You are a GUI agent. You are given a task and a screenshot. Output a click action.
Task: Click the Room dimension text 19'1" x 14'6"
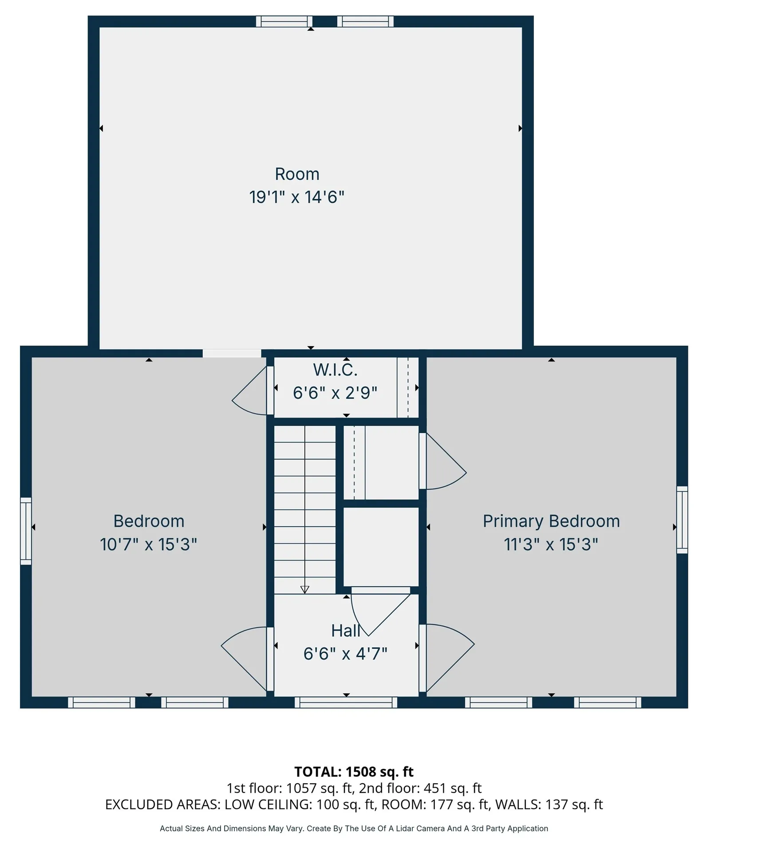296,197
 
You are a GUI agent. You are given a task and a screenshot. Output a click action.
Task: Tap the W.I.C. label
335,370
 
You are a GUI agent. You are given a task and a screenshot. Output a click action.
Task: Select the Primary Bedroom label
551,521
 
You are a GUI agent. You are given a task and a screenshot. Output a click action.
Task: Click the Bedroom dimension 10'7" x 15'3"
148,544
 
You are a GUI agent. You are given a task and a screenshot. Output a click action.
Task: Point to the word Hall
345,631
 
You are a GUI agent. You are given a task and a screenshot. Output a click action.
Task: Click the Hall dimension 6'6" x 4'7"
345,654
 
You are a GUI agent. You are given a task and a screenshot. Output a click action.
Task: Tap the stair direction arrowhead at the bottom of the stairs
305,590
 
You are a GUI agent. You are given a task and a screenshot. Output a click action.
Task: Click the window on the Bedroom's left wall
26,531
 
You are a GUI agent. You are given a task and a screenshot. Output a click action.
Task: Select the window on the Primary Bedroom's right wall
682,520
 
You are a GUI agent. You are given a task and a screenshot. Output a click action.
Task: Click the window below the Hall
346,702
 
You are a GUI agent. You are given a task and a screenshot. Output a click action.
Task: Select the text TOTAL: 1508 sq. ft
354,772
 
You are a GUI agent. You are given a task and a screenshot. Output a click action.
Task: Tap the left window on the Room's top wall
284,21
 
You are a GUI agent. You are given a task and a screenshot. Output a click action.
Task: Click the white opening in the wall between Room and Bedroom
232,353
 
